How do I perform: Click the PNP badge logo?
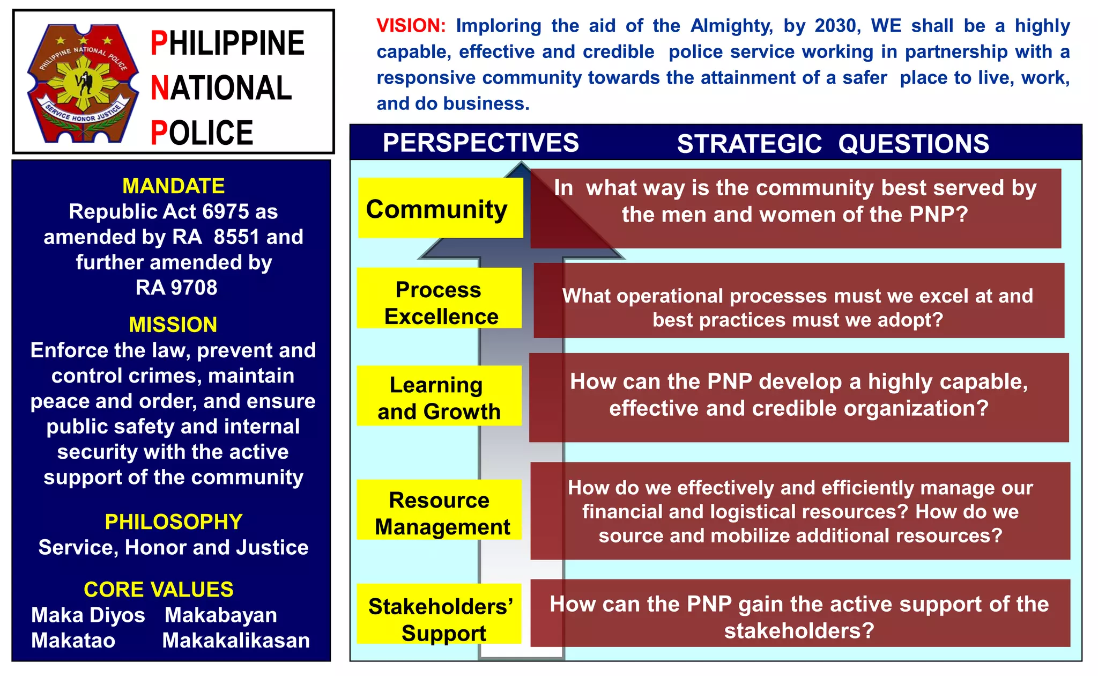[83, 83]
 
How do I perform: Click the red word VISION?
[411, 26]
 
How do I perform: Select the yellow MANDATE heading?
[173, 186]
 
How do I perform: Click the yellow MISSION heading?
[173, 325]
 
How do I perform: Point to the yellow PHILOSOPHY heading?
[173, 521]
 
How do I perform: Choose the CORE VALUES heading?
[159, 589]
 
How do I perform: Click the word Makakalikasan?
[236, 640]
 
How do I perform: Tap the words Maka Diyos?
[88, 615]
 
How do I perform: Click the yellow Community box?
[440, 208]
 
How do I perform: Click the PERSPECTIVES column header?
[480, 143]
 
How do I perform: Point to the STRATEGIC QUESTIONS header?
[833, 144]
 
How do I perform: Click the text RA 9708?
[176, 288]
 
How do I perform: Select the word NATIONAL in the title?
[221, 88]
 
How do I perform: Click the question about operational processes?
[798, 307]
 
